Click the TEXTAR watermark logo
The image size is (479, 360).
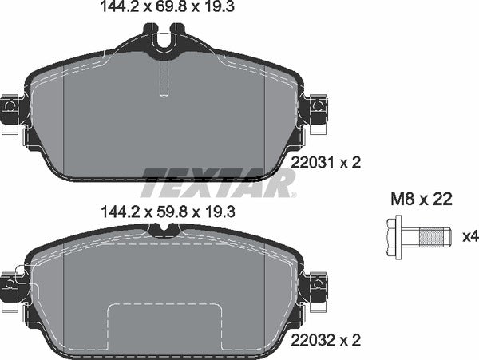(x=217, y=184)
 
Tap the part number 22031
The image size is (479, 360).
(x=311, y=163)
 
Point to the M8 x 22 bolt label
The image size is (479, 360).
(x=421, y=200)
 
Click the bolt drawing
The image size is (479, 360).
(x=417, y=236)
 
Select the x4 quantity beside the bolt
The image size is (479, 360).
(x=469, y=236)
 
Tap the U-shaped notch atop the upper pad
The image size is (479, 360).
(x=163, y=36)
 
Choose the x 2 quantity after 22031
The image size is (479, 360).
(x=351, y=163)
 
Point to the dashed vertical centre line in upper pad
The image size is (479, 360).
(x=163, y=80)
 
